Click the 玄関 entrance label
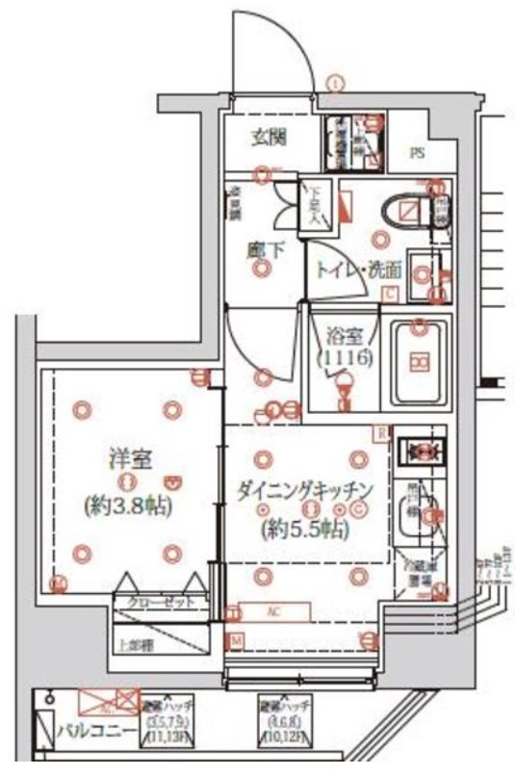(x=269, y=137)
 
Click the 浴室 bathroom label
(x=345, y=339)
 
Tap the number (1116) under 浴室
(x=344, y=359)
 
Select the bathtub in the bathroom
(x=417, y=361)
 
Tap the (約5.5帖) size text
(x=305, y=529)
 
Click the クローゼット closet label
(x=160, y=602)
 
